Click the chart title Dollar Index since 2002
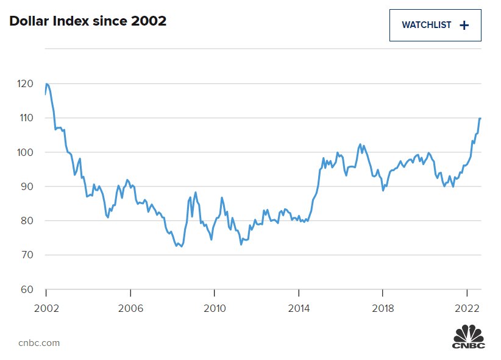pyautogui.click(x=88, y=21)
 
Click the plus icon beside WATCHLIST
pyautogui.click(x=464, y=25)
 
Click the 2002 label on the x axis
pyautogui.click(x=46, y=308)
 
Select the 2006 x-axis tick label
pyautogui.click(x=130, y=308)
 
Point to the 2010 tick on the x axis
pyautogui.click(x=215, y=308)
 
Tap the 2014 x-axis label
pyautogui.click(x=299, y=308)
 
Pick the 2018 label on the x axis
pyautogui.click(x=383, y=308)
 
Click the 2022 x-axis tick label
pyautogui.click(x=467, y=308)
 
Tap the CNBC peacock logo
pyautogui.click(x=468, y=336)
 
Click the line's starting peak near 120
pyautogui.click(x=47, y=84)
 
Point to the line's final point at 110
pyautogui.click(x=480, y=118)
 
